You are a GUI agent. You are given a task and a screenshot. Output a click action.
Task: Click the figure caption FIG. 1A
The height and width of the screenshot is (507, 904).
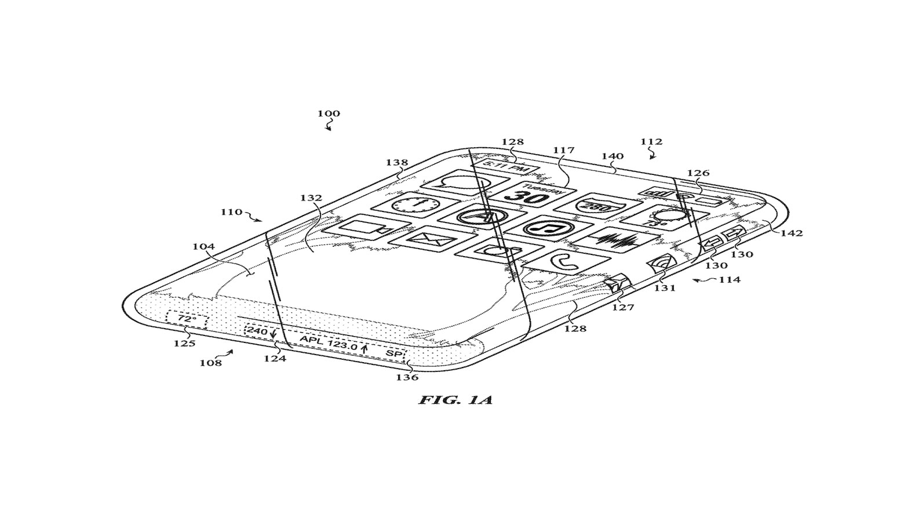click(455, 399)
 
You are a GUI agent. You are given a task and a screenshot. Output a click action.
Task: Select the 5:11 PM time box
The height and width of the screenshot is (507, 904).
click(506, 167)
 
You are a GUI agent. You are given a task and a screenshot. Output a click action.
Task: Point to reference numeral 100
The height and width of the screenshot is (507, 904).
click(329, 113)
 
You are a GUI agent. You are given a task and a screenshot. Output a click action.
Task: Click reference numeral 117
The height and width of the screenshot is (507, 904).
click(563, 150)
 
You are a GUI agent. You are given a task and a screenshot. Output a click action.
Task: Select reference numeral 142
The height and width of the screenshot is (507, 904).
click(792, 233)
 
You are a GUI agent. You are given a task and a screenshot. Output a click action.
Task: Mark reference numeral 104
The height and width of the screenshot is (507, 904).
click(203, 246)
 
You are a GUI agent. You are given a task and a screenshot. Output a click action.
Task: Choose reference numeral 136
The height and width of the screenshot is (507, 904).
click(407, 377)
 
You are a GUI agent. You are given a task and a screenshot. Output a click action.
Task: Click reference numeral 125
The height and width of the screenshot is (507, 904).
click(185, 342)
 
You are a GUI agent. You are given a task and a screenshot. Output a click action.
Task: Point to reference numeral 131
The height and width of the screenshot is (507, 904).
click(665, 287)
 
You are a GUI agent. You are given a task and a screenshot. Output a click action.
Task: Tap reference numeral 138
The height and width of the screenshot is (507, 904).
click(397, 163)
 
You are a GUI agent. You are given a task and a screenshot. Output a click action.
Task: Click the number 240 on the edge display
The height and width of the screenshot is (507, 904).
click(256, 331)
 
